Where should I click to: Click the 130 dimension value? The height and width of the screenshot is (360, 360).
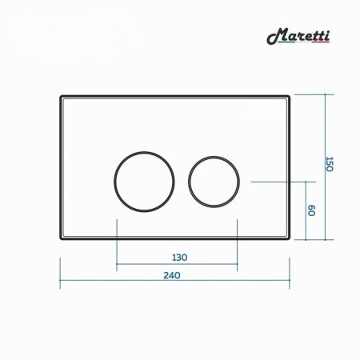click(178, 257)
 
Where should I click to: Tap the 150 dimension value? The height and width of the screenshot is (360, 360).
click(328, 165)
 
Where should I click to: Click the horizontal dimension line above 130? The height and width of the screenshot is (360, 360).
click(178, 266)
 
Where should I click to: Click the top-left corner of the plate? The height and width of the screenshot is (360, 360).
click(62, 98)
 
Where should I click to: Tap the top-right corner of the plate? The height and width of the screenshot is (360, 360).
click(288, 98)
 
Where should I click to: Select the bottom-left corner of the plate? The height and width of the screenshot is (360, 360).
click(62, 239)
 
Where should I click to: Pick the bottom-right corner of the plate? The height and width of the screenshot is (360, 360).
click(288, 239)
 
